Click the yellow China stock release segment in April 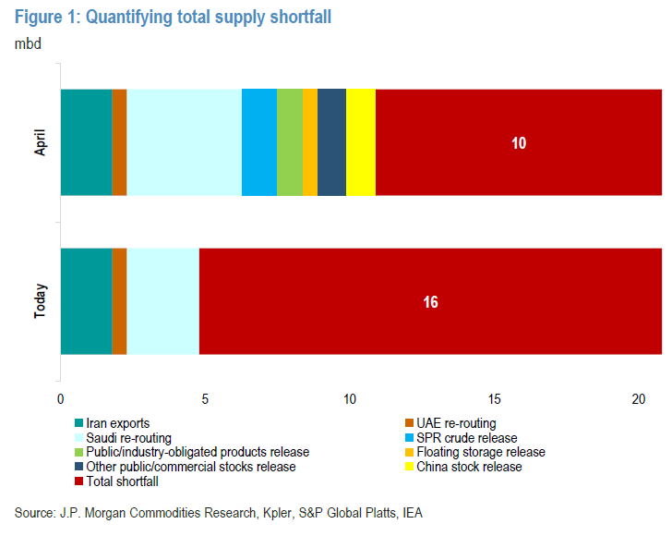(x=361, y=142)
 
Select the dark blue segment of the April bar (x=331, y=142)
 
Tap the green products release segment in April (x=290, y=142)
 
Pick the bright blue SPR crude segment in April (x=259, y=142)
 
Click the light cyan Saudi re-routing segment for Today (x=162, y=301)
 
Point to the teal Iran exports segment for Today (x=86, y=301)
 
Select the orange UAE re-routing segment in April (x=119, y=142)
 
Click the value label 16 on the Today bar (x=430, y=302)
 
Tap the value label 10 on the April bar (x=519, y=143)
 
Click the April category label (x=41, y=142)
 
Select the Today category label (x=41, y=301)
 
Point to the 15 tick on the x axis (x=495, y=398)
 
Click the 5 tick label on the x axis (x=205, y=398)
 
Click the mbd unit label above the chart (x=28, y=43)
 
